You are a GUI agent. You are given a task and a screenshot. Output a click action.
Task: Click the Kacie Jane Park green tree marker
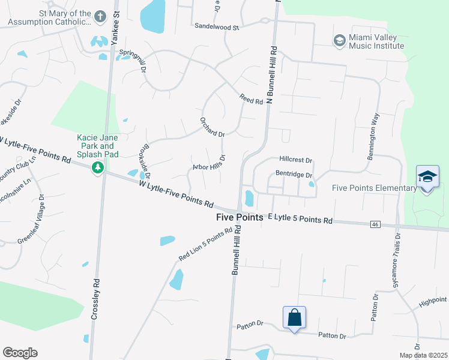[x=97, y=167]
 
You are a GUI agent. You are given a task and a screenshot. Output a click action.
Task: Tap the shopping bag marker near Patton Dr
[x=294, y=317]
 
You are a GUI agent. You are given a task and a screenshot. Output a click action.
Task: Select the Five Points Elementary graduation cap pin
[x=427, y=178]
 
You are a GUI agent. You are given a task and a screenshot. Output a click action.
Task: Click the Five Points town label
[x=240, y=218]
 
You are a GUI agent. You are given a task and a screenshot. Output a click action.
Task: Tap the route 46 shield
[x=375, y=224]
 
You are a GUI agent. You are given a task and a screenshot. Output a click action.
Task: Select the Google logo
[x=20, y=353]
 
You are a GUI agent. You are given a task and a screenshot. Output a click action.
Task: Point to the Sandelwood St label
[x=217, y=27]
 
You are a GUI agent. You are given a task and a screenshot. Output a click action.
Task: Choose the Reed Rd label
[x=251, y=99]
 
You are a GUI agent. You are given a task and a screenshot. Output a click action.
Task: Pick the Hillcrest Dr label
[x=296, y=160]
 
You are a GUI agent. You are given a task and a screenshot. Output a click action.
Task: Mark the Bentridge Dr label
[x=294, y=175]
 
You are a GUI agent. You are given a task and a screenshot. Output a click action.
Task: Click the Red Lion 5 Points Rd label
[x=205, y=245]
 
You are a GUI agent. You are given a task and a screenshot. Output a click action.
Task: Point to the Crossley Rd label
[x=95, y=300]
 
